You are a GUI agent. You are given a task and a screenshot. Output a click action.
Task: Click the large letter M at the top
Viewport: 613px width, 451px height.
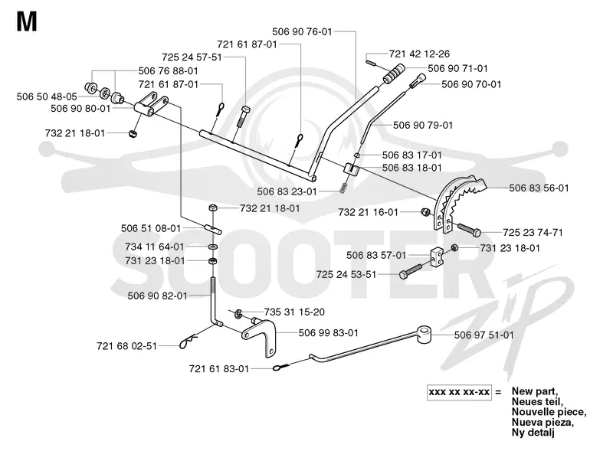[x=27, y=21]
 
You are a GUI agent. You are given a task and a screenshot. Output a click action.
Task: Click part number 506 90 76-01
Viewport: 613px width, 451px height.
[x=302, y=31]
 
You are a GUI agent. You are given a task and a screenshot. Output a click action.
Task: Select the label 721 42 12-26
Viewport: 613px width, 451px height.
[x=419, y=54]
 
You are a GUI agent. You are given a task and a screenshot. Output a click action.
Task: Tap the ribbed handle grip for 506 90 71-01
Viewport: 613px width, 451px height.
[x=395, y=74]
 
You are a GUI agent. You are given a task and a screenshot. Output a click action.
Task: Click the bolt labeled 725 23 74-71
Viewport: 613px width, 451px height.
[x=468, y=230]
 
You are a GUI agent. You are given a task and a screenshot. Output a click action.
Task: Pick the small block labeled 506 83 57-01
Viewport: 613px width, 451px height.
[x=437, y=257]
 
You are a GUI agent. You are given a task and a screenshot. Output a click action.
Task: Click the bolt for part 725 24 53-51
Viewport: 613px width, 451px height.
[x=411, y=271]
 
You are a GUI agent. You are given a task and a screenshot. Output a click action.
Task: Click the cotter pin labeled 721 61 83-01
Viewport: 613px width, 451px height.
[x=280, y=367]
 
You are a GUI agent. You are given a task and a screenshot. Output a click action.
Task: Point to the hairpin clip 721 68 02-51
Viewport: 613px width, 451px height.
[x=188, y=342]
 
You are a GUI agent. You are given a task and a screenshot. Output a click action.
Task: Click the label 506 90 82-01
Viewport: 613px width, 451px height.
[x=158, y=296]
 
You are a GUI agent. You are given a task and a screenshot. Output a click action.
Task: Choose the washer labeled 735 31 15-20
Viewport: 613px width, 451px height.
[x=238, y=313]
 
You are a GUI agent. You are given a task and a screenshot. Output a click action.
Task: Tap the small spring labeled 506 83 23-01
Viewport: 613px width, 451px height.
[x=343, y=188]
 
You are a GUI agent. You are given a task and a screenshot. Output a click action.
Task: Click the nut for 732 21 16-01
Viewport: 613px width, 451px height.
[x=425, y=212]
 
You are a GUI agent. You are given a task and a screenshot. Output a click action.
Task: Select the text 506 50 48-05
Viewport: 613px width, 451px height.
[x=47, y=96]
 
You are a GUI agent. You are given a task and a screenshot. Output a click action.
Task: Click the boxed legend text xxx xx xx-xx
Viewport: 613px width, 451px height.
[x=459, y=392]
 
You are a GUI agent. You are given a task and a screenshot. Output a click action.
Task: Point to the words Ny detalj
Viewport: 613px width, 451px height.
[x=533, y=433]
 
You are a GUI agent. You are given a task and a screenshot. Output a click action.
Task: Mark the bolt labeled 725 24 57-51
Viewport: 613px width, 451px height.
[x=243, y=116]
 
